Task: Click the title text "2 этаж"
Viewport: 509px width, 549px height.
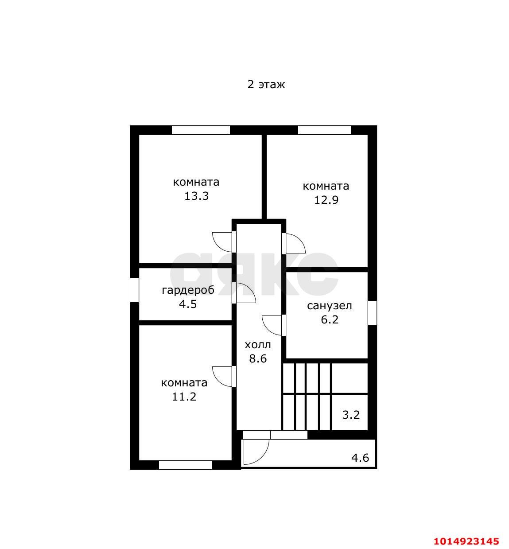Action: click(266, 84)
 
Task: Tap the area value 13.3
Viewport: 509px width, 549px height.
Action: click(196, 196)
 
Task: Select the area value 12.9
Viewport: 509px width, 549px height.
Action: click(326, 200)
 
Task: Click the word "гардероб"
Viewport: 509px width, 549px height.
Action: click(188, 290)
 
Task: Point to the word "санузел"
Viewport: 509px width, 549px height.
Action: click(329, 306)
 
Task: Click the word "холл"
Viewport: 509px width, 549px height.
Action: click(258, 345)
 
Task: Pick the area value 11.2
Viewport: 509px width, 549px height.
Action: click(184, 397)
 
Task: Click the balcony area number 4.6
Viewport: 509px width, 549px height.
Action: click(360, 458)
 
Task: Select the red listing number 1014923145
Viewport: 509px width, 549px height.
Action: click(466, 541)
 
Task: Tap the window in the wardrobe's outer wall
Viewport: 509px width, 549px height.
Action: click(134, 290)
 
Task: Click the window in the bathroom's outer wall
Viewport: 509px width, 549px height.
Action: click(372, 313)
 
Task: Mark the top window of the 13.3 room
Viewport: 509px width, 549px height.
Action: click(201, 130)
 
